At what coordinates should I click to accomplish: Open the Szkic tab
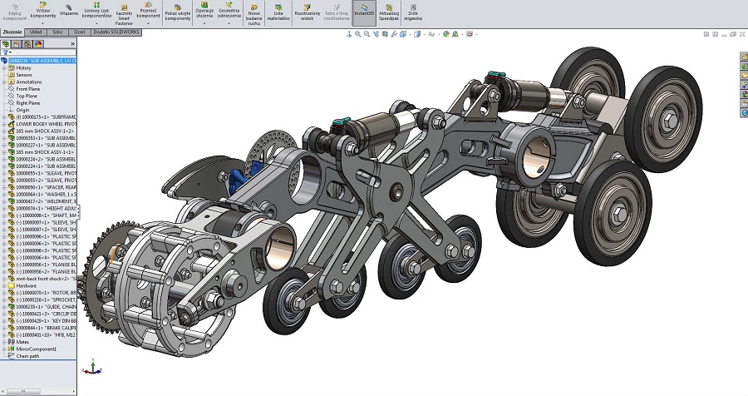(58, 31)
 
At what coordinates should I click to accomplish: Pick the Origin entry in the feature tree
(22, 110)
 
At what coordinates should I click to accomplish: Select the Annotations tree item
(29, 82)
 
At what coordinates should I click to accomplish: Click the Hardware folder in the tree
(27, 285)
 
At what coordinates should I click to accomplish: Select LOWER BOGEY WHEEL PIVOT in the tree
(46, 124)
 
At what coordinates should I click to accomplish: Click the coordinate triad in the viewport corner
(94, 366)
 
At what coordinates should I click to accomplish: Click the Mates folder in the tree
(22, 341)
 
